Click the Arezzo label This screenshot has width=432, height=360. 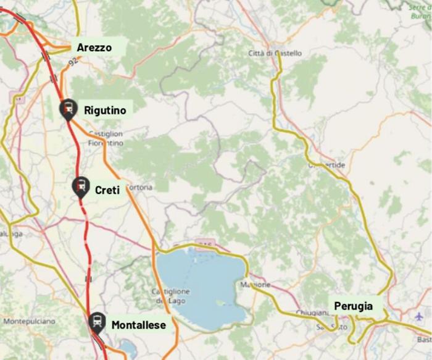pyautogui.click(x=94, y=47)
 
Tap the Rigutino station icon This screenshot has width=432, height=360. pyautogui.click(x=68, y=109)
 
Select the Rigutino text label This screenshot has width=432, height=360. pyautogui.click(x=105, y=110)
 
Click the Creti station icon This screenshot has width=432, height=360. pyautogui.click(x=80, y=186)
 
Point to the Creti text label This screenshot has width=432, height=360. pyautogui.click(x=107, y=190)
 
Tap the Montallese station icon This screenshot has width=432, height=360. pyautogui.click(x=97, y=322)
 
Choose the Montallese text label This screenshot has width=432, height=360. pyautogui.click(x=138, y=324)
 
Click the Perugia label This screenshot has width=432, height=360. pyautogui.click(x=354, y=306)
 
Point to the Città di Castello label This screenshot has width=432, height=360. pyautogui.click(x=275, y=53)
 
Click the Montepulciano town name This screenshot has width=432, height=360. pyautogui.click(x=29, y=322)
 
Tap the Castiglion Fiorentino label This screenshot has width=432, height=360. pyautogui.click(x=106, y=138)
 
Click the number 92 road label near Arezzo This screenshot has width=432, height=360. pyautogui.click(x=73, y=62)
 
